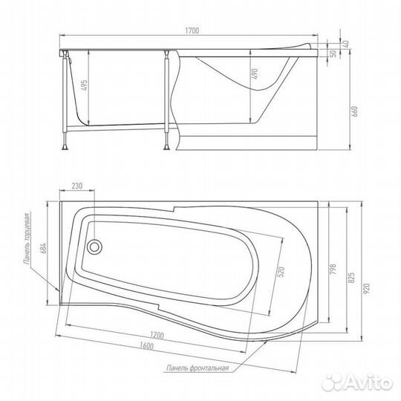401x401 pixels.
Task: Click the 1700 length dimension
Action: click(192, 30)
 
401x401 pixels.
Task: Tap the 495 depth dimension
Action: click(85, 85)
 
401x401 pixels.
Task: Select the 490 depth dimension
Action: click(255, 74)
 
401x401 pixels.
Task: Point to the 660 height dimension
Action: click(355, 111)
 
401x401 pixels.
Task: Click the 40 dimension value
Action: click(346, 44)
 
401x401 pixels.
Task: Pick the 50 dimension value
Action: click(333, 53)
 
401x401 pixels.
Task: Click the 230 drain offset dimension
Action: click(77, 186)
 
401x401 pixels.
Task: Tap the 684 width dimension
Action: click(44, 248)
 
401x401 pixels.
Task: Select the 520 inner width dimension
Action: click(281, 272)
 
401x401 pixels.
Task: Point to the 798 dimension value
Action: click(333, 270)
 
